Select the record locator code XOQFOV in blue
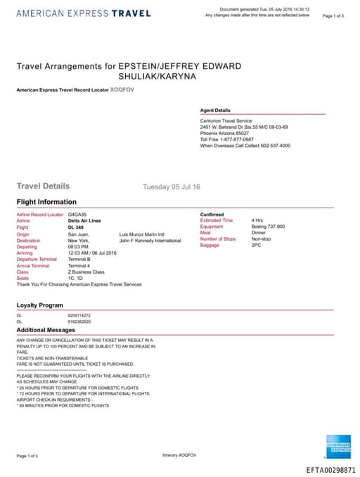[x=122, y=90]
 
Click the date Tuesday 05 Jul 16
[x=172, y=187]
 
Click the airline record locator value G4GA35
[x=77, y=214]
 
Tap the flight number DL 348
[x=75, y=227]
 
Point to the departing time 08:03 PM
[x=78, y=246]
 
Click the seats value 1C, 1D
[x=76, y=278]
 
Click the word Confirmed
[x=212, y=214]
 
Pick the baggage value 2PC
[x=256, y=246]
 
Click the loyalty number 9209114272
[x=79, y=315]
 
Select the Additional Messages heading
[x=46, y=329]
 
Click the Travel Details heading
[x=43, y=186]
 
